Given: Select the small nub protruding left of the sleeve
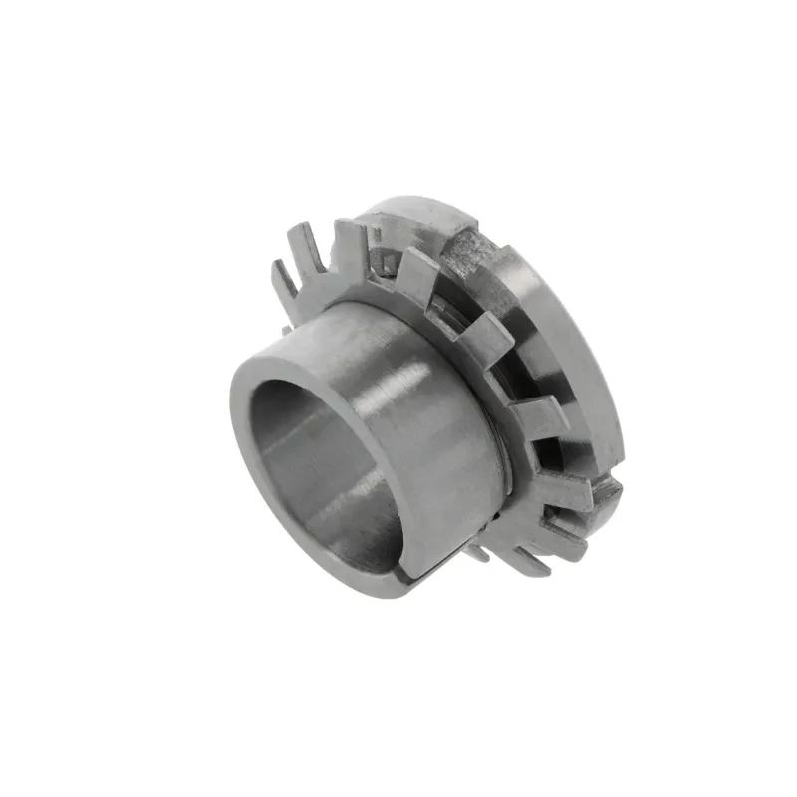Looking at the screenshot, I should coord(286,326).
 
